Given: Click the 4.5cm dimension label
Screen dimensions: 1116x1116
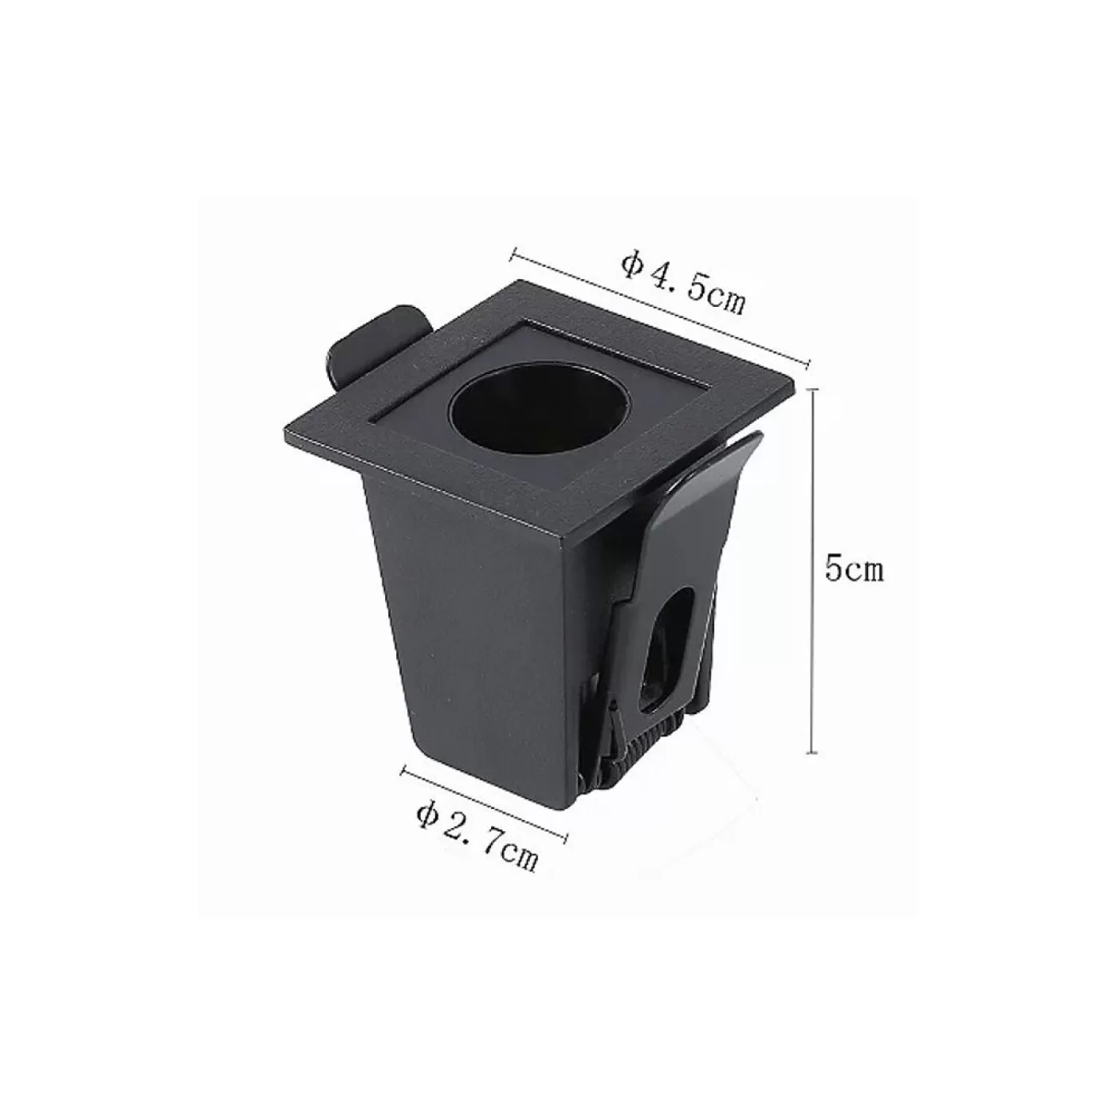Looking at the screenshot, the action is pos(683,283).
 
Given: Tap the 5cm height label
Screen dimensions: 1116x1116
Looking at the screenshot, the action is pos(855,570).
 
